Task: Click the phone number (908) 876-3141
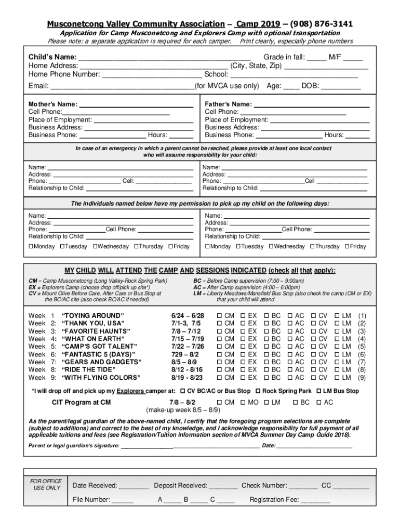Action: coord(322,24)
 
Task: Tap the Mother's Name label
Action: coord(53,104)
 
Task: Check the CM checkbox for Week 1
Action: coord(219,315)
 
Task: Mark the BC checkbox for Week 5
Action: coord(266,347)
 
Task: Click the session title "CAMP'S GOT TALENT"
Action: coord(99,347)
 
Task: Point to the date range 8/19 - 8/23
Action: coord(187,378)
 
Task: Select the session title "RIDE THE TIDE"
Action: coord(89,370)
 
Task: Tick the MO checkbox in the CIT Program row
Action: coord(243,402)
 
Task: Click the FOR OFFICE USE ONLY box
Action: coord(47,485)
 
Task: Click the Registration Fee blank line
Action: coord(315,500)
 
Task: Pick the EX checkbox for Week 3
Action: coord(243,331)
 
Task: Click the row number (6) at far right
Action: coord(362,354)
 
